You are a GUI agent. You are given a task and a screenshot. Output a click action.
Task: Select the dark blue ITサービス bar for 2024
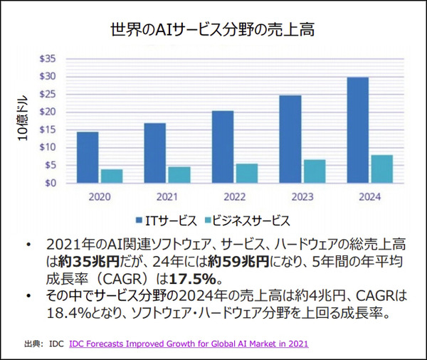click(357, 129)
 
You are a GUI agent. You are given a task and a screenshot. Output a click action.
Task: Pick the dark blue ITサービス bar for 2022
click(223, 147)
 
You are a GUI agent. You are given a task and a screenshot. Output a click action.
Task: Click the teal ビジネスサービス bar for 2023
click(314, 171)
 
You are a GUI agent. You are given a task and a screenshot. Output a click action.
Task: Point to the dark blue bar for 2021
click(155, 153)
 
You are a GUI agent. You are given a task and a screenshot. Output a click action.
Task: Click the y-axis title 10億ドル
click(22, 119)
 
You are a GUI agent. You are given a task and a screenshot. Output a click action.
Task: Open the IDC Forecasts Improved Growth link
click(189, 344)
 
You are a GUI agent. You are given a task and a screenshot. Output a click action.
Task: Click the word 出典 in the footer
click(33, 344)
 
